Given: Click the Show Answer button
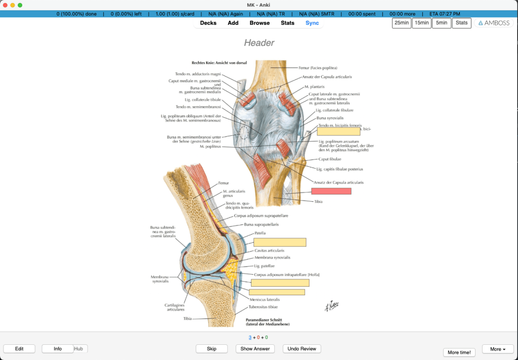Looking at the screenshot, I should [255, 348].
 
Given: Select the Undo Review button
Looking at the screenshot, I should [301, 348].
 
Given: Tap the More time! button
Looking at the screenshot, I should [459, 352].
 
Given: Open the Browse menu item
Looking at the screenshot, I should [260, 23].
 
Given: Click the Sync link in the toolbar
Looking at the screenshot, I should [312, 23].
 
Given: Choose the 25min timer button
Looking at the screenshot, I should [402, 23].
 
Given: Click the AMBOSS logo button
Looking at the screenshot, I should [494, 23].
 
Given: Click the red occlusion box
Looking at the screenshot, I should [331, 191].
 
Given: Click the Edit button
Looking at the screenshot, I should [19, 348].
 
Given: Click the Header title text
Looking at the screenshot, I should [259, 43].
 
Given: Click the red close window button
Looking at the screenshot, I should [6, 5].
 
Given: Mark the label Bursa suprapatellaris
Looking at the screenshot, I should [261, 224].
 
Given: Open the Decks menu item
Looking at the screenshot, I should [208, 23].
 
